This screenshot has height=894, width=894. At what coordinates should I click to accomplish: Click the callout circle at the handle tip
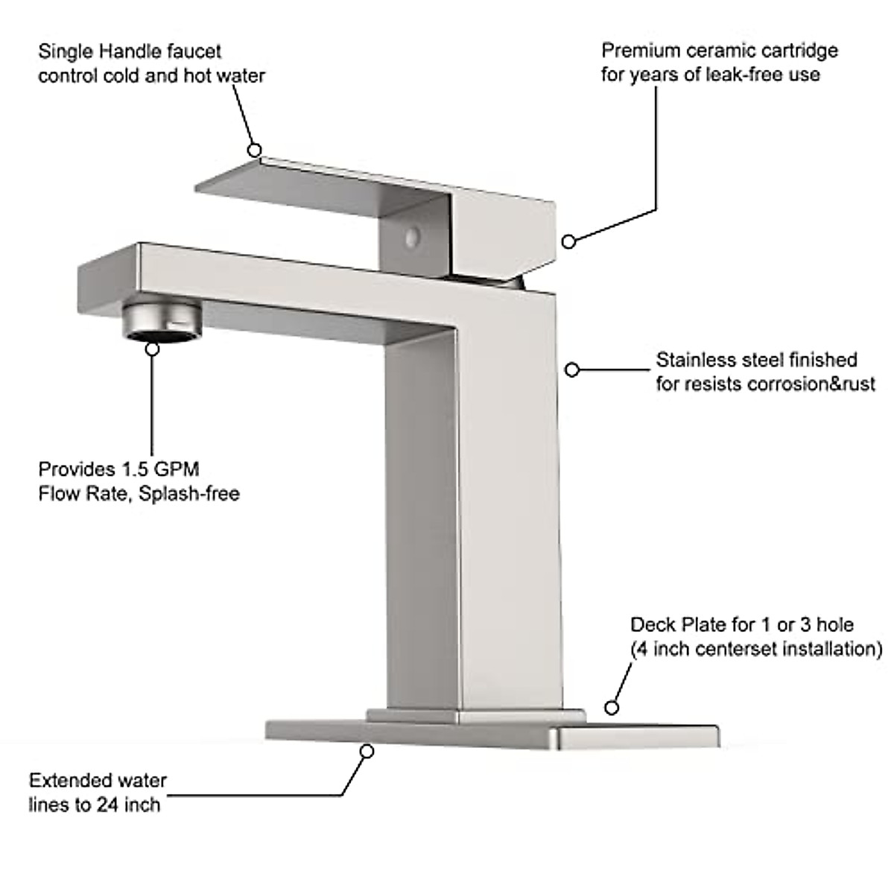255,149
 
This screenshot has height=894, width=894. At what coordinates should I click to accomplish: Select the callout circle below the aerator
153,348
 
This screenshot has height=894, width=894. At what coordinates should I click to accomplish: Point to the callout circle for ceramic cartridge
568,241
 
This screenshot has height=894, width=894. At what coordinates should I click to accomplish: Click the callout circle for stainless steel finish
571,369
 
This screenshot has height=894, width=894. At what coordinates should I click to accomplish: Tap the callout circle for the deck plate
612,708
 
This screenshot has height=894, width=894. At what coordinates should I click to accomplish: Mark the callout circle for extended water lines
367,751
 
